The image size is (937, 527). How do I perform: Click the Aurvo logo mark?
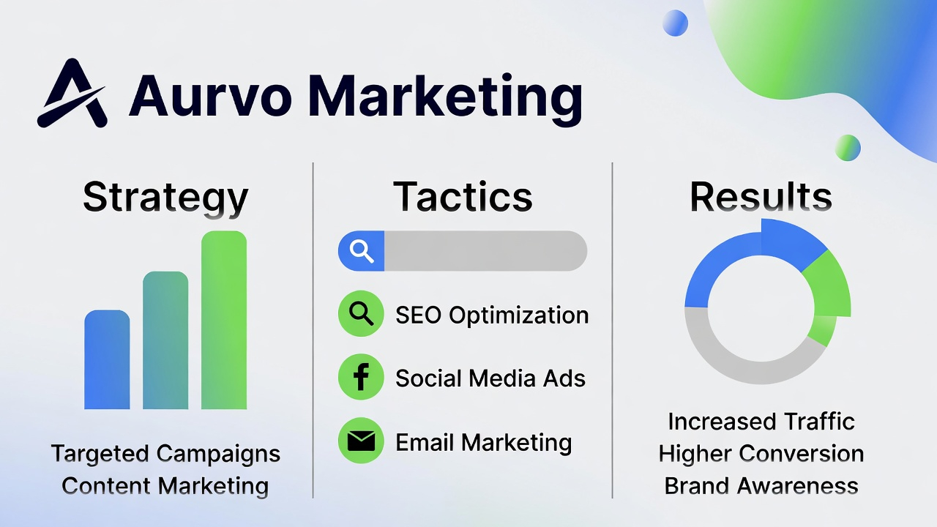[x=72, y=94]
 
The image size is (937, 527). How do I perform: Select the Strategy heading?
[x=165, y=197]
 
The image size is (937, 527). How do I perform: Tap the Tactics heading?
[x=463, y=196]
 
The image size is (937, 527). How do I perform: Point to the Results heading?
[x=761, y=196]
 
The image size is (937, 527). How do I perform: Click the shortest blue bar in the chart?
[x=107, y=359]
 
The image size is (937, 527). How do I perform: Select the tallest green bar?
[x=224, y=320]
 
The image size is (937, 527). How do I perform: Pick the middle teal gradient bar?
[x=165, y=340]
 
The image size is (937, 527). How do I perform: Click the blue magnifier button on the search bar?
[x=362, y=251]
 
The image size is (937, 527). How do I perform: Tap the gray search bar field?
[x=485, y=251]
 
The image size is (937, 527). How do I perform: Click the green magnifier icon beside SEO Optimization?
[x=361, y=314]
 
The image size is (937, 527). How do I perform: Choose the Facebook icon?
[x=361, y=378]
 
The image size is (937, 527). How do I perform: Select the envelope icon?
[x=361, y=441]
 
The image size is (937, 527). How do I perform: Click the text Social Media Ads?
[x=490, y=378]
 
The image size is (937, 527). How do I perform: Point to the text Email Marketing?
[x=483, y=442]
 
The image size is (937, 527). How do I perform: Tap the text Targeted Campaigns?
[x=165, y=454]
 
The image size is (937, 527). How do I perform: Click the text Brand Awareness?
[x=761, y=485]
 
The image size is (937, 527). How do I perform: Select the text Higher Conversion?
[x=761, y=454]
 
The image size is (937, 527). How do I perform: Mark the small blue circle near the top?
[x=675, y=23]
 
